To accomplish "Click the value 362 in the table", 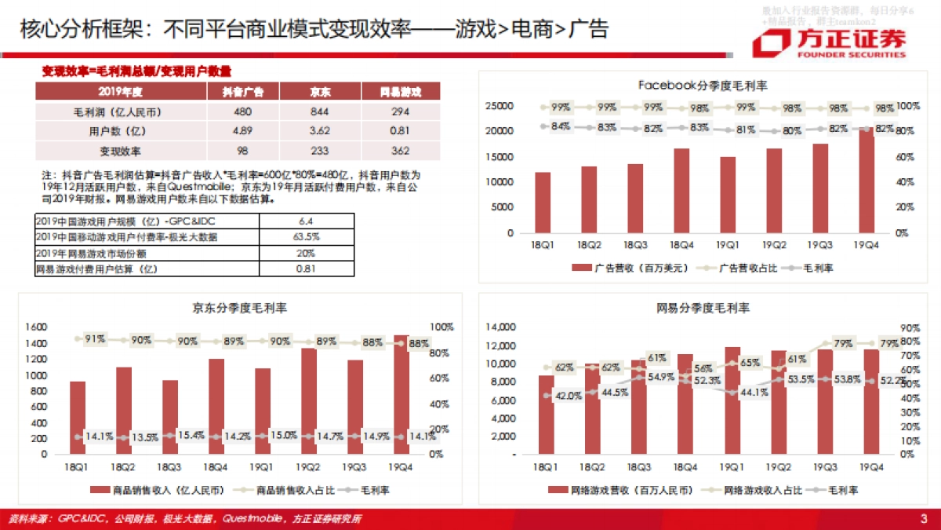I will click(x=400, y=150).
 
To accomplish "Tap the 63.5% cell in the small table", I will click(x=305, y=236).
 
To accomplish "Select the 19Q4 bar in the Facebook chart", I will click(x=866, y=181).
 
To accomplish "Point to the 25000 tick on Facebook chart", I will click(x=500, y=106).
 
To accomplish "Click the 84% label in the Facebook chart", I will click(x=560, y=126).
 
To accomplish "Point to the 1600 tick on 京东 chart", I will click(x=36, y=326).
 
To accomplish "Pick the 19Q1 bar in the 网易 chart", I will click(x=732, y=400).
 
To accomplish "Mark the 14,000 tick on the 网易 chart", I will click(x=500, y=326).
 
